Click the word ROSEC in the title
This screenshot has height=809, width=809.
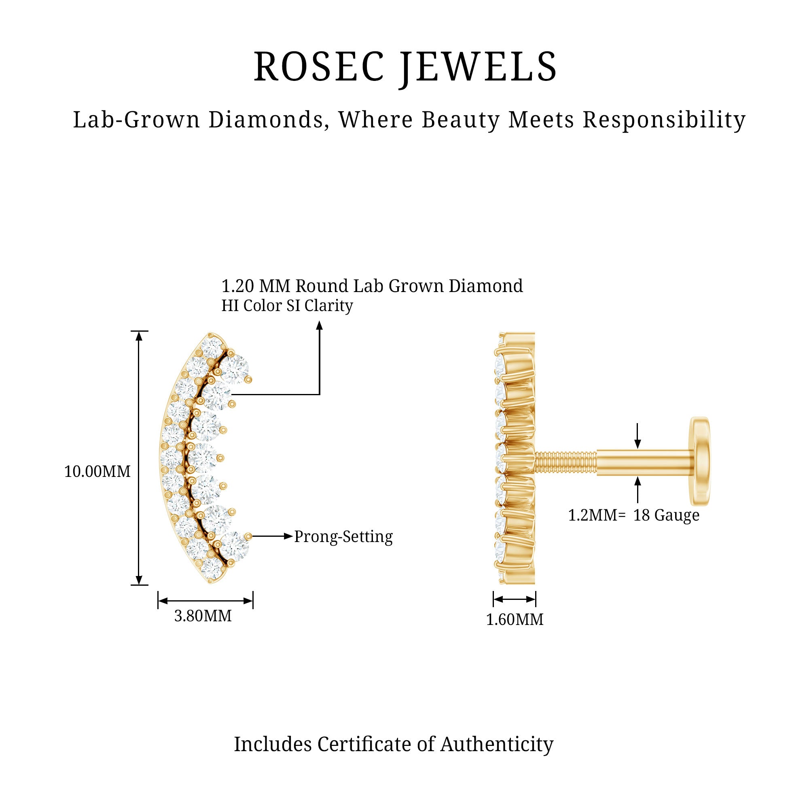[319, 66]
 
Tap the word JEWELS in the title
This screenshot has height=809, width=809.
[478, 67]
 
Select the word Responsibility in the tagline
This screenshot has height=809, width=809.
[664, 120]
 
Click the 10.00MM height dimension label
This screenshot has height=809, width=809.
[97, 472]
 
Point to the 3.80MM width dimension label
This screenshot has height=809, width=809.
[203, 616]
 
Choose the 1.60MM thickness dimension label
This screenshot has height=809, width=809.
[515, 619]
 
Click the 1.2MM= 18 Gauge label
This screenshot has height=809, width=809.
[633, 515]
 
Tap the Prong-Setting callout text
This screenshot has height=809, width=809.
[343, 537]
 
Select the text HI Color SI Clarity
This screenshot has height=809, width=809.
[287, 306]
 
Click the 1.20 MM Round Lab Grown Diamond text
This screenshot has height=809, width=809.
[372, 286]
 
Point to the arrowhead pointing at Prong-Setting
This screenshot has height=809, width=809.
[288, 536]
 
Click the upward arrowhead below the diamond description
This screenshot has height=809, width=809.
[320, 325]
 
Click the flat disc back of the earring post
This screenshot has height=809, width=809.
[700, 461]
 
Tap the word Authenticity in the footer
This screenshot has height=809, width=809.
[497, 745]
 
